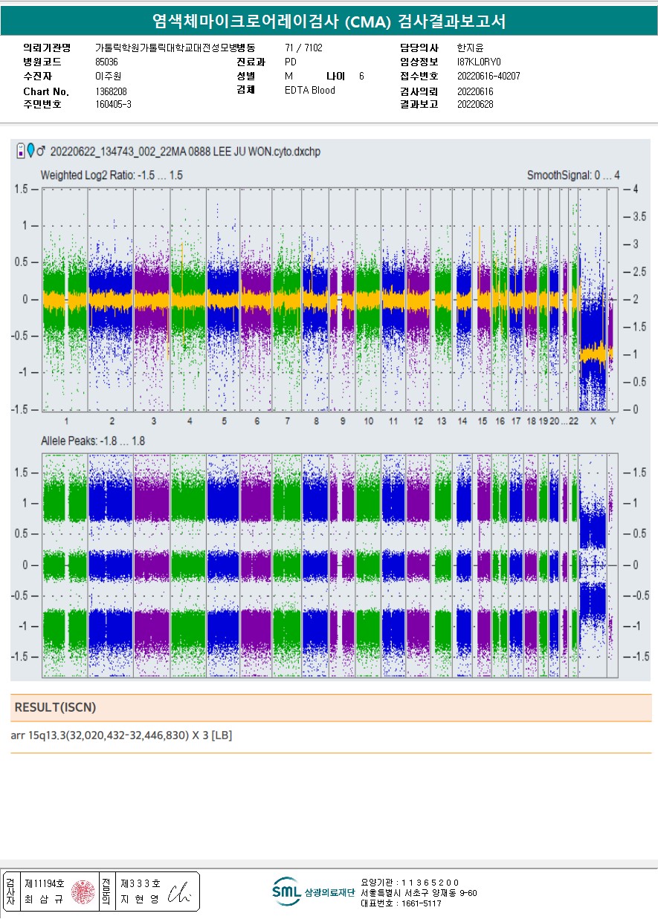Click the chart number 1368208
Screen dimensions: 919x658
click(x=111, y=91)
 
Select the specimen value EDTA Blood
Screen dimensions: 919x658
click(x=310, y=91)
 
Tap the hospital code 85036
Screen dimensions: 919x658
click(x=106, y=62)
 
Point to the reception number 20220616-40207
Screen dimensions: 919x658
click(x=488, y=76)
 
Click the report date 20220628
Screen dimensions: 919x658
click(x=475, y=105)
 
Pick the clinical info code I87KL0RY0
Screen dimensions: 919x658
click(x=480, y=62)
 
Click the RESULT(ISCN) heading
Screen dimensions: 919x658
click(x=55, y=707)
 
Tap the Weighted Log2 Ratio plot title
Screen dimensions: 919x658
click(x=112, y=175)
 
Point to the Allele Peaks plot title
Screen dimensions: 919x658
click(x=93, y=441)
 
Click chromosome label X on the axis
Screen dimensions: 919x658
click(x=593, y=421)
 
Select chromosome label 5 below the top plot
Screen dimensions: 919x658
click(x=224, y=421)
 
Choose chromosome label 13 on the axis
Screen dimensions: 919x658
click(x=441, y=421)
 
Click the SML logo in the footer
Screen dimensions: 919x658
click(x=286, y=891)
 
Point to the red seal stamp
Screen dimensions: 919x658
click(x=82, y=892)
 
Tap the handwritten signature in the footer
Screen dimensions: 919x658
click(x=180, y=894)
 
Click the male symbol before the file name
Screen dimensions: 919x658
click(x=42, y=152)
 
